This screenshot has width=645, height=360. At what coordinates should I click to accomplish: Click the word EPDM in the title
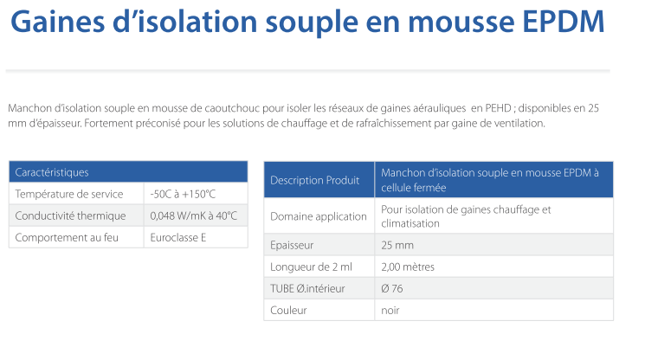(x=563, y=22)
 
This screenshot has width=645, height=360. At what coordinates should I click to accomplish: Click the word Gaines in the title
(x=58, y=22)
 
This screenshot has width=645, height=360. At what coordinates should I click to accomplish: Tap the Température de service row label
(x=69, y=194)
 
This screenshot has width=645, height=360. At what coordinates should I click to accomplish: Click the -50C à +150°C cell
(x=183, y=194)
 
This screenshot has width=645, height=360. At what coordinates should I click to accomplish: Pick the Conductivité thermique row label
(x=70, y=215)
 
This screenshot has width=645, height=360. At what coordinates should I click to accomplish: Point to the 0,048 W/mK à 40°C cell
(x=193, y=215)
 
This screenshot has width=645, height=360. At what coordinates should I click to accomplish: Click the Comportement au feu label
(x=67, y=237)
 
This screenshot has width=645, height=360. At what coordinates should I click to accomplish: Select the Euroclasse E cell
(x=177, y=237)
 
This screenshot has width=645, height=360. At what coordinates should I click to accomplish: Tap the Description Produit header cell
(x=314, y=180)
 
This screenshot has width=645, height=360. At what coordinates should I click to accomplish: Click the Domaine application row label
(x=319, y=216)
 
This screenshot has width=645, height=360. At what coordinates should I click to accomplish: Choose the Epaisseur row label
(x=292, y=246)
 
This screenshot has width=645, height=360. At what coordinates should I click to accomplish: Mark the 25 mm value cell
(x=397, y=246)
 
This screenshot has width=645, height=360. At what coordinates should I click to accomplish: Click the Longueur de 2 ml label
(x=311, y=267)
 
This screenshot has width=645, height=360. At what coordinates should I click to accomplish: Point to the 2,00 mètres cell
(x=408, y=267)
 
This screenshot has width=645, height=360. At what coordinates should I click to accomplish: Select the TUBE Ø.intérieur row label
(x=307, y=289)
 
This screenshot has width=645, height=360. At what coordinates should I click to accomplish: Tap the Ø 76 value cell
(x=391, y=289)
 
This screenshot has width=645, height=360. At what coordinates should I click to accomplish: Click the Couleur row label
(x=288, y=311)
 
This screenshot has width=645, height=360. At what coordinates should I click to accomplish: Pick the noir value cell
(x=390, y=311)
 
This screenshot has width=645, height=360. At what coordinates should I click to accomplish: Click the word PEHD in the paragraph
(x=498, y=108)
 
